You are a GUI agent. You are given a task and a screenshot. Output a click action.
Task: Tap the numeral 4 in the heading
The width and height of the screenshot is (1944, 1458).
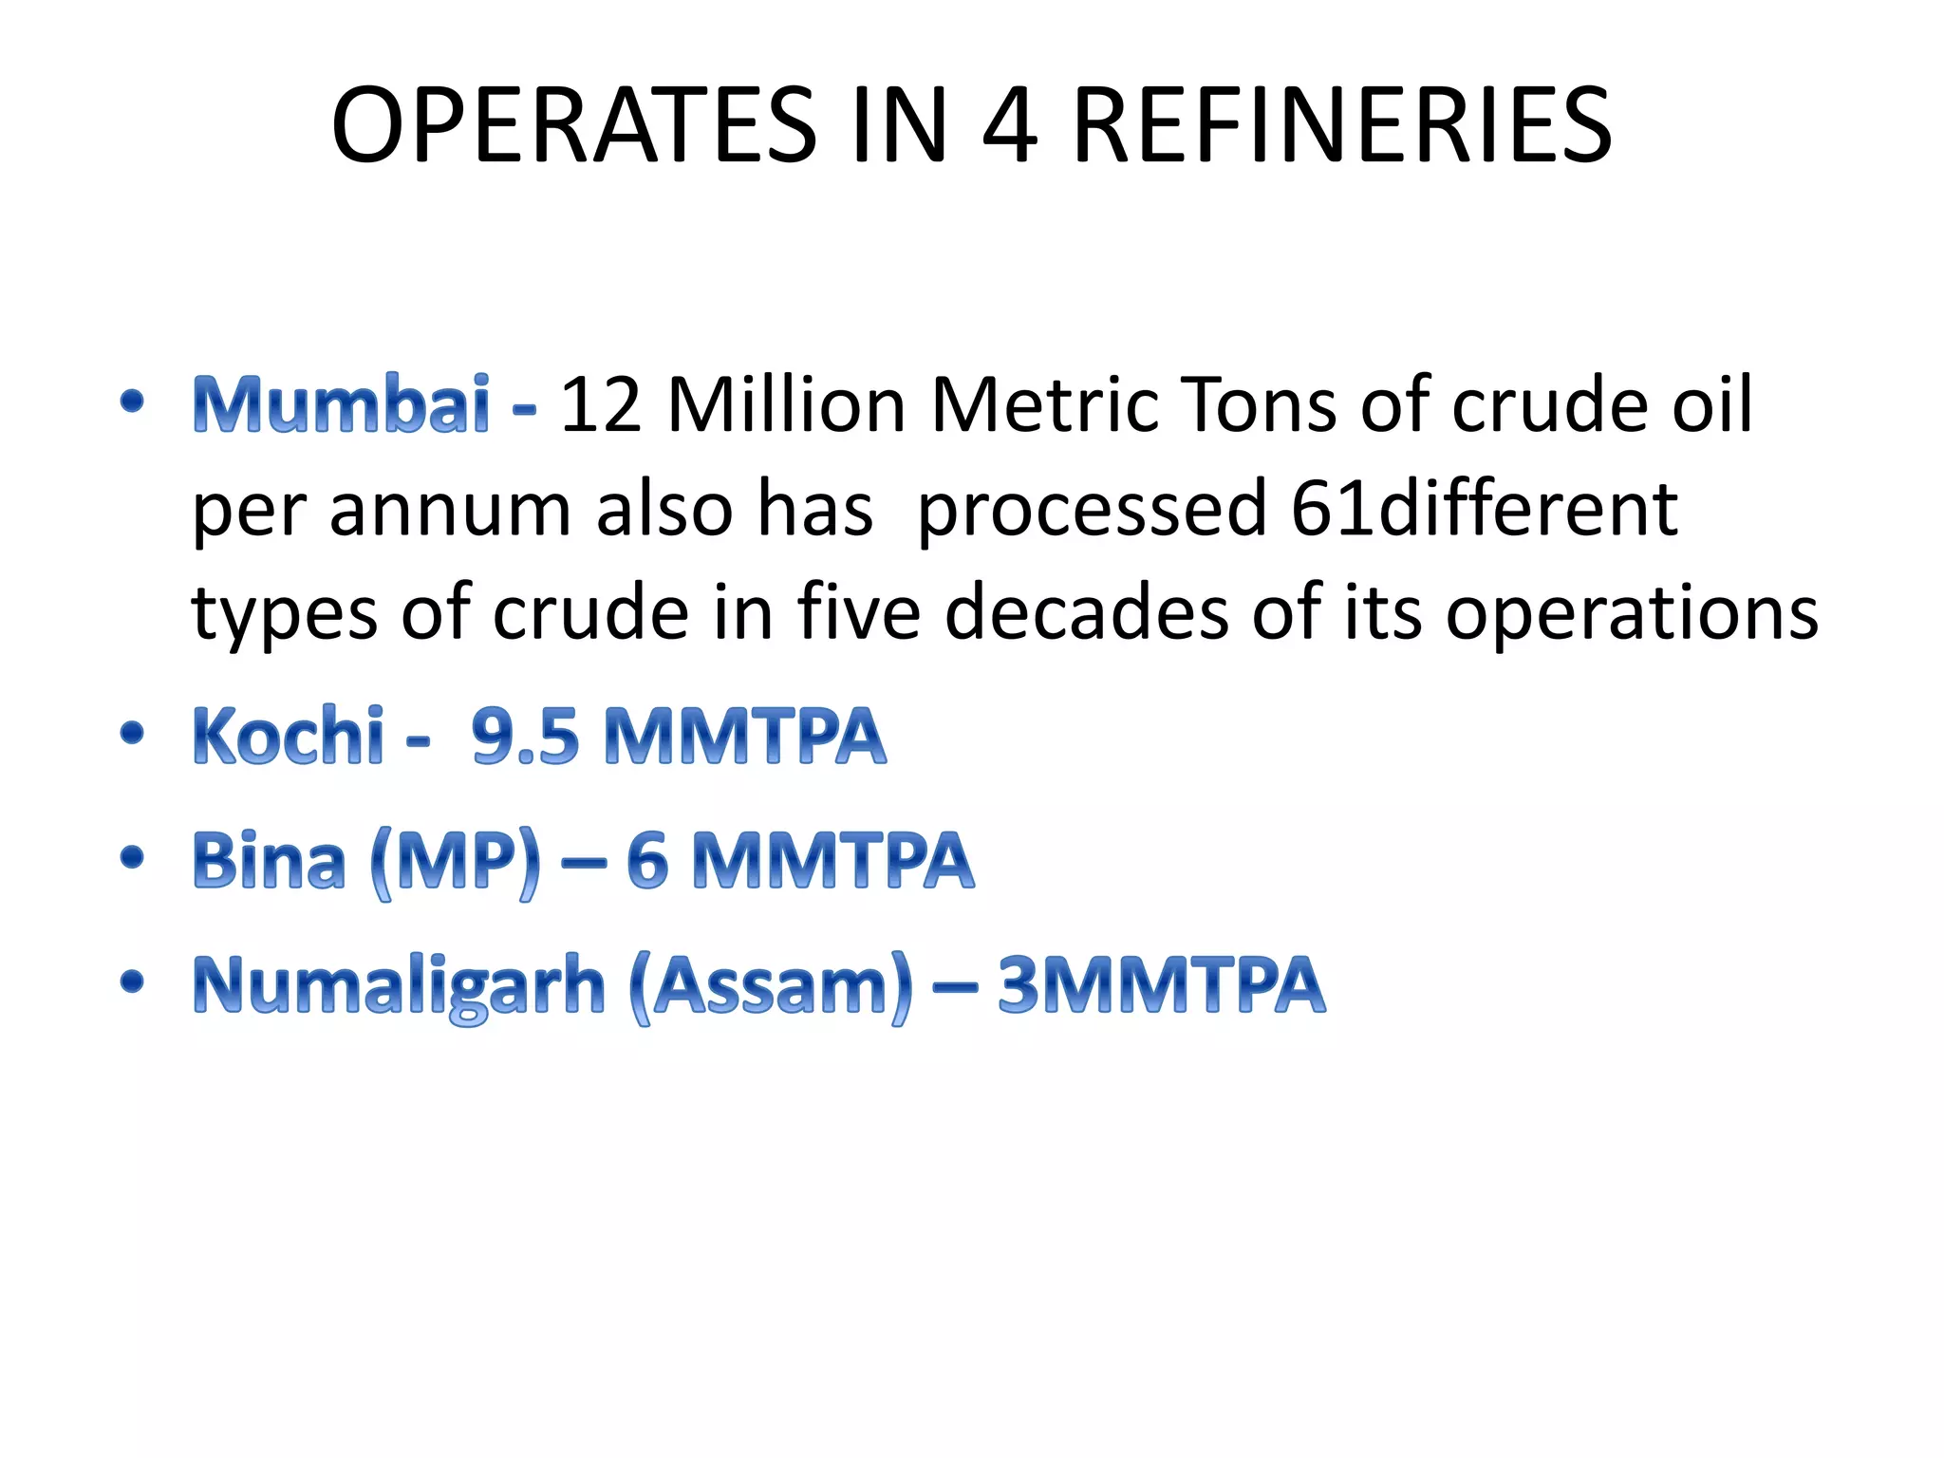click(1010, 125)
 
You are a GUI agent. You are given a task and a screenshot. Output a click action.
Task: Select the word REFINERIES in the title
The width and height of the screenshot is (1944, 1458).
click(1342, 125)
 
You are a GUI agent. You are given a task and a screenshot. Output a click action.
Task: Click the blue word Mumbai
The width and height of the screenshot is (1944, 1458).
click(342, 404)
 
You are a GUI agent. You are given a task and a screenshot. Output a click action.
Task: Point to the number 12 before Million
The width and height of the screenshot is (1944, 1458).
click(600, 404)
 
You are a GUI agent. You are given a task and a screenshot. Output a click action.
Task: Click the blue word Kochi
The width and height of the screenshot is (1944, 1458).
click(289, 736)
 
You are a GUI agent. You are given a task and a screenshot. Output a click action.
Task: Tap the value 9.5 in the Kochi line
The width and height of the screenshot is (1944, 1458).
click(525, 736)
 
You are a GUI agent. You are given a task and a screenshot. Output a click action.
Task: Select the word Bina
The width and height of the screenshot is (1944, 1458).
click(269, 860)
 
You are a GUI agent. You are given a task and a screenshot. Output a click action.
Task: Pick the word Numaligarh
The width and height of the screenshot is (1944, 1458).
click(399, 986)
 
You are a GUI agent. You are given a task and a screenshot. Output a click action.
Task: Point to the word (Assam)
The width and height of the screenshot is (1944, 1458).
click(771, 986)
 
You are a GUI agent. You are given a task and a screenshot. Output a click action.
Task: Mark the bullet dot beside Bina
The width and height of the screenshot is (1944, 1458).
click(133, 858)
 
